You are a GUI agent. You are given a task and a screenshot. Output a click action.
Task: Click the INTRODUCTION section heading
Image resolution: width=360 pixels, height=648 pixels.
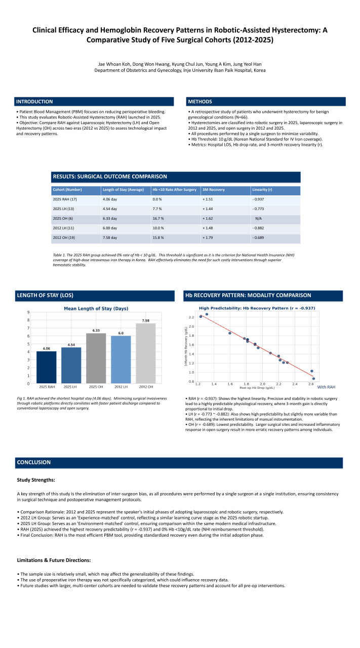click(34, 102)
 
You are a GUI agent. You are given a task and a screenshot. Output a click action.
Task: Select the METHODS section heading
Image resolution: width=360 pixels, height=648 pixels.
click(199, 102)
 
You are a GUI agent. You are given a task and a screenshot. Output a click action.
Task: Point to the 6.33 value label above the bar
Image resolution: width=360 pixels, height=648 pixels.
click(96, 330)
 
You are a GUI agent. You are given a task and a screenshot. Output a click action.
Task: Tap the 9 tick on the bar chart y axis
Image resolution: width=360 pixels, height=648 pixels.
click(28, 312)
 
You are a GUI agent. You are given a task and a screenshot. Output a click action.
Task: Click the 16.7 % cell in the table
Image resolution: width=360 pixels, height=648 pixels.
click(159, 219)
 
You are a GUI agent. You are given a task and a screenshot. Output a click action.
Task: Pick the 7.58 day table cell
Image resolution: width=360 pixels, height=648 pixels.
click(110, 238)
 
